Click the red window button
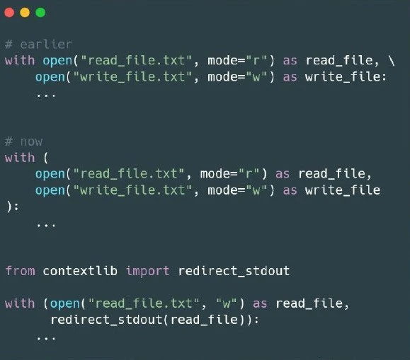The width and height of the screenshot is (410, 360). (x=9, y=12)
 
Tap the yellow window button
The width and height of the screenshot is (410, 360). (x=25, y=12)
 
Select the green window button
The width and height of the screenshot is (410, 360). (x=40, y=12)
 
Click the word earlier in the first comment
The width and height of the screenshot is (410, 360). (x=46, y=45)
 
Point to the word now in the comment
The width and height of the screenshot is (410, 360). (x=31, y=142)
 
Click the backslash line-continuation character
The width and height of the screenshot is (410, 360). (x=392, y=61)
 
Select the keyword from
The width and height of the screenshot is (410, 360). (x=20, y=271)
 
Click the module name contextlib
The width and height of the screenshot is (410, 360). (x=80, y=271)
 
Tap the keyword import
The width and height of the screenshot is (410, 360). (x=148, y=271)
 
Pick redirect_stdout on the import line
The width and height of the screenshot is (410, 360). (x=234, y=271)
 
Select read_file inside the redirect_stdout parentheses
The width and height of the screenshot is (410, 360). (x=204, y=320)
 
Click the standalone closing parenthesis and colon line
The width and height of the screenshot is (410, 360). (x=12, y=207)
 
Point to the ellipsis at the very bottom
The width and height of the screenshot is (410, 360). (x=46, y=339)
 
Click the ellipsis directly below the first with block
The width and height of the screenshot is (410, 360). (x=46, y=95)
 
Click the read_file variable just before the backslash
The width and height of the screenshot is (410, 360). (x=339, y=61)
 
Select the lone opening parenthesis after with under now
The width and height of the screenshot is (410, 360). (x=46, y=158)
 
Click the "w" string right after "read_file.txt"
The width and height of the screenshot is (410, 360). (x=227, y=303)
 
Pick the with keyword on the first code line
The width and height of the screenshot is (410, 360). (x=20, y=61)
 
